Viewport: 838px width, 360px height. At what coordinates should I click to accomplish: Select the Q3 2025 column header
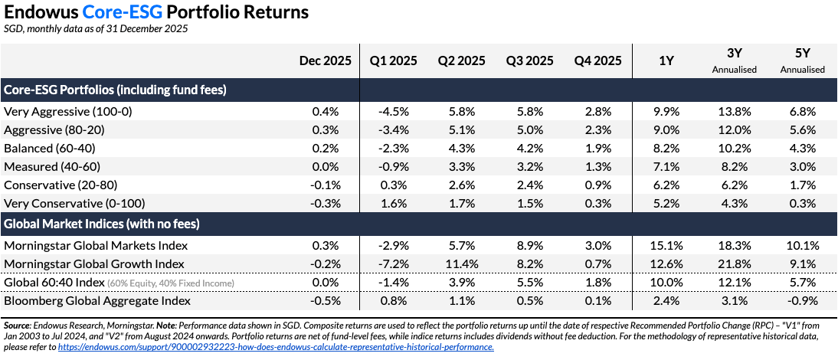pyautogui.click(x=529, y=61)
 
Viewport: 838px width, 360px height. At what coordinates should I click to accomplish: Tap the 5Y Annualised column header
pyautogui.click(x=802, y=61)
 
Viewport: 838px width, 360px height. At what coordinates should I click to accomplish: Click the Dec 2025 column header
pyautogui.click(x=326, y=61)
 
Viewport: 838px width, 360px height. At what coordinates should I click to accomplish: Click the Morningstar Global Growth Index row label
pyautogui.click(x=94, y=264)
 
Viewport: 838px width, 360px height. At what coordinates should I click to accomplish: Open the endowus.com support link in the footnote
pyautogui.click(x=276, y=347)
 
